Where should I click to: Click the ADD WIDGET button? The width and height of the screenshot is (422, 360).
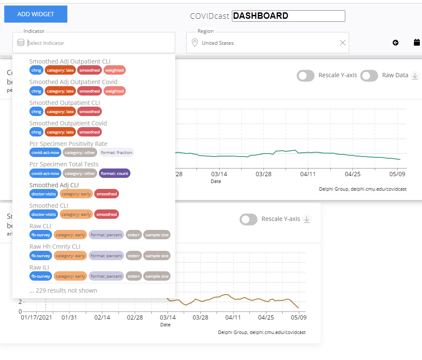[36, 14]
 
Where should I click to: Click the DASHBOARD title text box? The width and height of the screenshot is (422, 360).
[288, 16]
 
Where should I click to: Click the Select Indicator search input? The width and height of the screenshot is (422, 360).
[98, 43]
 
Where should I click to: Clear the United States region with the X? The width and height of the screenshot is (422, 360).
[342, 43]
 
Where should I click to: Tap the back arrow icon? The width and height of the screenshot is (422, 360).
[396, 43]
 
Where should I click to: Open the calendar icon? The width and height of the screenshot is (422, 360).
[417, 42]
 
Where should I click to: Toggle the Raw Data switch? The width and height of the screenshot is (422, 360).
[369, 75]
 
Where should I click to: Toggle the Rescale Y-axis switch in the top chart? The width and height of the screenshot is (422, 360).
[306, 75]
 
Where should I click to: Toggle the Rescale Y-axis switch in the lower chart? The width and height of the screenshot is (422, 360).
[249, 219]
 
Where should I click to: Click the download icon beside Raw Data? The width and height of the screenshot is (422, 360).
[415, 75]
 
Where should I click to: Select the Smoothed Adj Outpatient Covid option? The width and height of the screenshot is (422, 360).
[73, 82]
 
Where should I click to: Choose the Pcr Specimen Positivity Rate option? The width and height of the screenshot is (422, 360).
[68, 144]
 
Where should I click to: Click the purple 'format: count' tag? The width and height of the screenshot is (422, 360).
[114, 174]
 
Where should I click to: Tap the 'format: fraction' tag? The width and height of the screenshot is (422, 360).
[116, 153]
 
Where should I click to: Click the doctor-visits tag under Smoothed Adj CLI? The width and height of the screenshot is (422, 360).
[43, 194]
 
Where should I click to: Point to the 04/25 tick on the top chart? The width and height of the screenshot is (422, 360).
[353, 174]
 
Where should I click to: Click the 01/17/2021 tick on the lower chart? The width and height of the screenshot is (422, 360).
[36, 318]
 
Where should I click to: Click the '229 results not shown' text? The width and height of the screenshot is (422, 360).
[63, 290]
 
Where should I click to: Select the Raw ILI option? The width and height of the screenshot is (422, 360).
[39, 267]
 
